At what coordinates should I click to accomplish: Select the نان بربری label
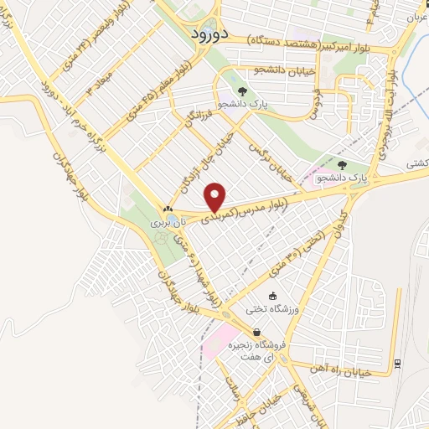(166, 225)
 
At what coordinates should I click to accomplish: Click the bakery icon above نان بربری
(168, 210)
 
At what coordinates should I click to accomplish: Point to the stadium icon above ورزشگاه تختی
(271, 296)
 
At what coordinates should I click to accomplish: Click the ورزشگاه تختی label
(271, 310)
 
